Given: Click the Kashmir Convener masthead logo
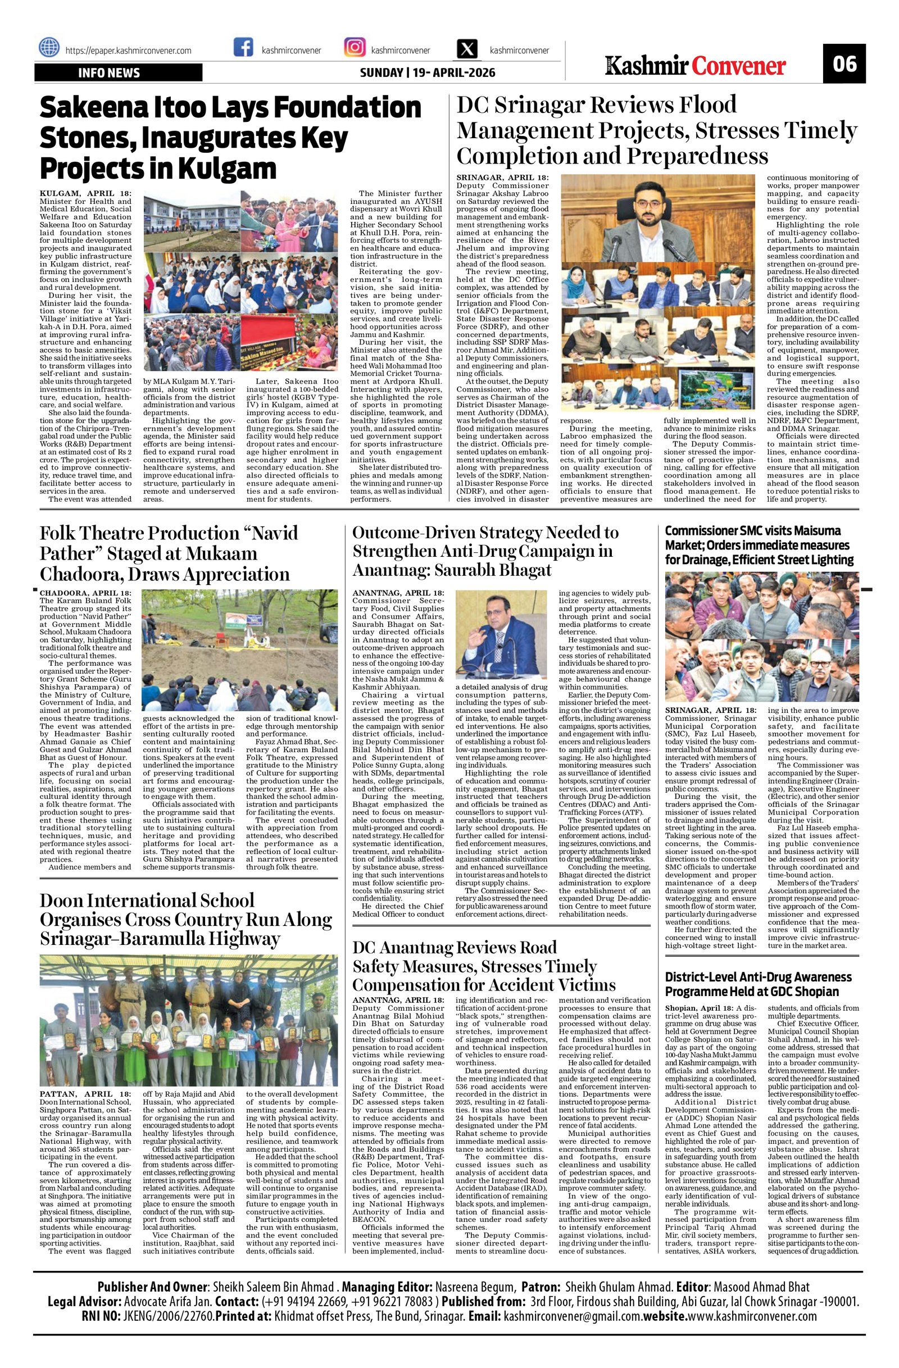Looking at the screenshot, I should click(x=696, y=67).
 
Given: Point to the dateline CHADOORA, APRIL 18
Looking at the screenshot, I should click(x=85, y=593).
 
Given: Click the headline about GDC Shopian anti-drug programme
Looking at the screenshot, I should click(x=757, y=984).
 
